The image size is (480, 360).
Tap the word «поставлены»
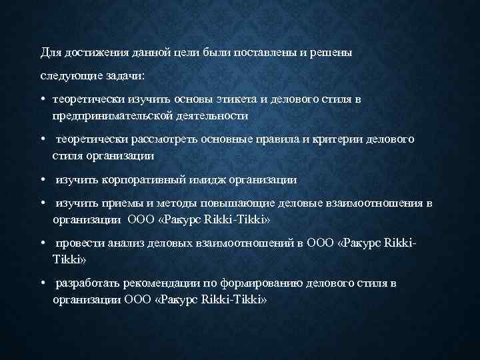click(x=261, y=52)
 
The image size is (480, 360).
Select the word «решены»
click(x=333, y=52)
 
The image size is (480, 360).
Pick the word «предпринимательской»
click(x=113, y=115)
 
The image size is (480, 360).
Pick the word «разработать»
click(x=86, y=283)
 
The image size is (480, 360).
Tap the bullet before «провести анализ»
click(x=42, y=244)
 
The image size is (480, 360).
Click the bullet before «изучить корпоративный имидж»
click(x=42, y=180)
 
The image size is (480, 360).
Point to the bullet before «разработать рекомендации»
click(x=42, y=284)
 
